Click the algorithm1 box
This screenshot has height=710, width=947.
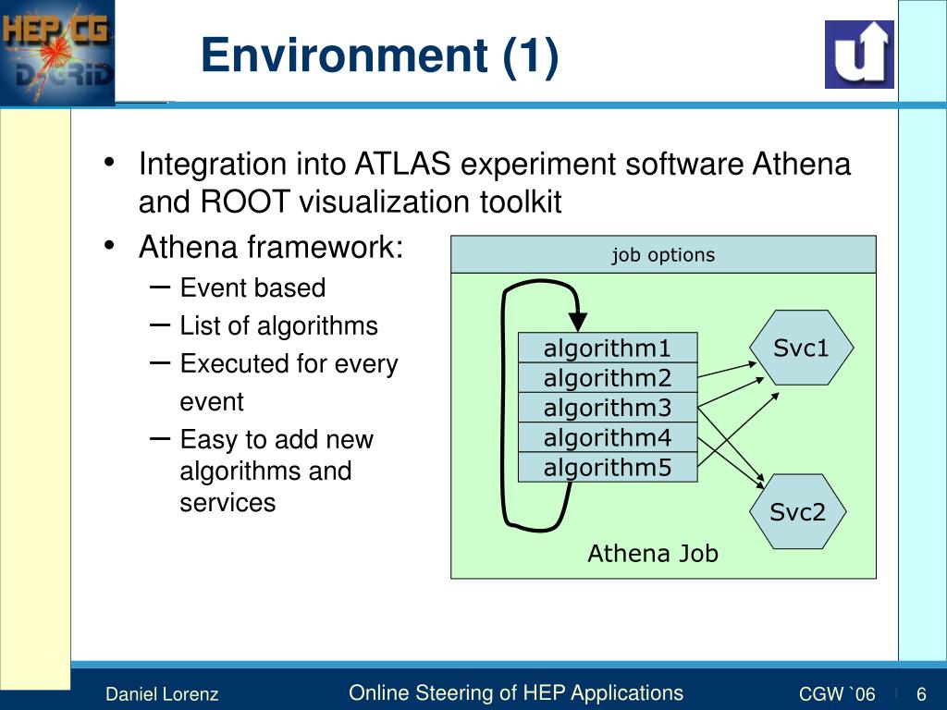tap(607, 349)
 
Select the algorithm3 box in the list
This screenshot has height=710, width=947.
tap(607, 408)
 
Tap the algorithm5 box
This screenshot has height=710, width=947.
tap(607, 468)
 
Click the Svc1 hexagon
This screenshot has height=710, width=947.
tap(801, 348)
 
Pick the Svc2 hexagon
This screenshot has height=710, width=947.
tap(797, 512)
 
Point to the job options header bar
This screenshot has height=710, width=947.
tap(663, 255)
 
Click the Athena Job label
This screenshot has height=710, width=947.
tap(653, 554)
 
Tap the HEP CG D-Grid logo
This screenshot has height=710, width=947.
tap(57, 52)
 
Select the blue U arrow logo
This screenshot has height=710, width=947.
tap(859, 55)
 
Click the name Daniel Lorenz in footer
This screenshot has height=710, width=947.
tap(162, 694)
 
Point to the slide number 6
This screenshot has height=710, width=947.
tap(921, 694)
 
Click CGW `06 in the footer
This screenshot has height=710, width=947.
tap(837, 694)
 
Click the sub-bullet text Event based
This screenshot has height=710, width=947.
tap(252, 288)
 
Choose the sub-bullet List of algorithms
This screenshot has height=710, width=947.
tap(278, 325)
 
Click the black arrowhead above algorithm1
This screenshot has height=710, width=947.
tap(578, 322)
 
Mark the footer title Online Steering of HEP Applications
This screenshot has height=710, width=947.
tap(516, 693)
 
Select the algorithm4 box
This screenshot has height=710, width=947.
tap(607, 437)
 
